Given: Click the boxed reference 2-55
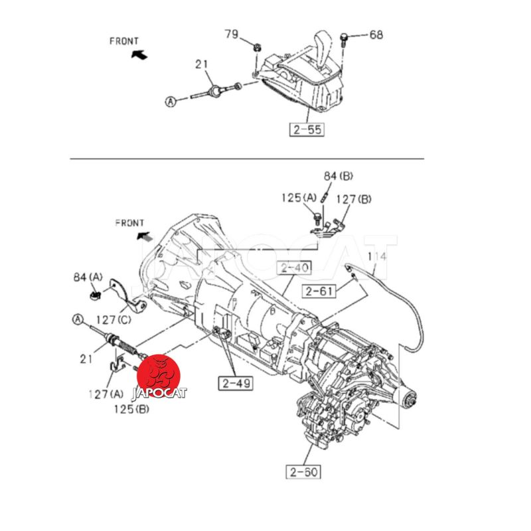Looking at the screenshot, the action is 307,129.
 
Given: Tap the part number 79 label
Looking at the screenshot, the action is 232,35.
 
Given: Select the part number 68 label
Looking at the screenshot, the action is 376,35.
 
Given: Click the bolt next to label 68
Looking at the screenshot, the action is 344,39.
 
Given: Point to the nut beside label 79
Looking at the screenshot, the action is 257,47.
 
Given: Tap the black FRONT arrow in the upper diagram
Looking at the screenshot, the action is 139,54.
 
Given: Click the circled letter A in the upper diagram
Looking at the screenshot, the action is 171,102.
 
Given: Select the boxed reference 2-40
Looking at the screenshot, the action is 294,268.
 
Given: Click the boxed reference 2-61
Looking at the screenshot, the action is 319,291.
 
